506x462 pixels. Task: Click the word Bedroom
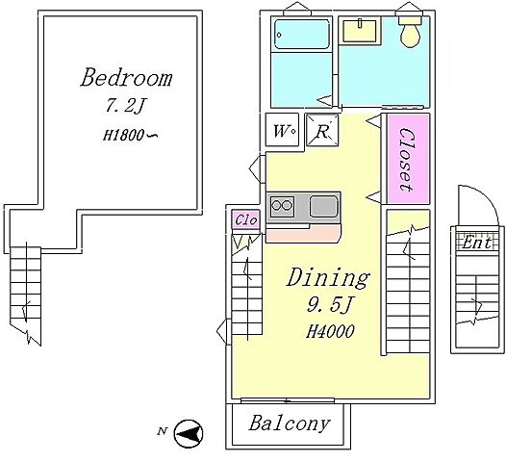coord(126,78)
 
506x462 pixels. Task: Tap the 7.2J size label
coord(124,105)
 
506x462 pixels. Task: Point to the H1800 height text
coord(130,135)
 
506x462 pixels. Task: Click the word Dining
coord(328,278)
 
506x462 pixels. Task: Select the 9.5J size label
coord(330,305)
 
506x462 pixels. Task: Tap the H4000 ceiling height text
coord(330,331)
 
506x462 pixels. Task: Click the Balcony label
coord(290,423)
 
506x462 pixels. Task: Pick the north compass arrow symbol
coord(189,433)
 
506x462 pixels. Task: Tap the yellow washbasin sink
coord(360,31)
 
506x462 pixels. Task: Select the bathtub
coord(301,35)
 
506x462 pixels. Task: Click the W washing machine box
coord(282,130)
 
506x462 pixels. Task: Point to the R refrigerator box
coord(322,130)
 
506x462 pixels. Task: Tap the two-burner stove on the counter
coord(282,205)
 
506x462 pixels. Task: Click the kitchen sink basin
coord(323,207)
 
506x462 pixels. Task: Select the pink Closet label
coord(407,160)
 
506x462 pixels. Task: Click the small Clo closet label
coord(246,219)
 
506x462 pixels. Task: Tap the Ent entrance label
coord(476,243)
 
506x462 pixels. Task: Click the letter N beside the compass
coord(163,431)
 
